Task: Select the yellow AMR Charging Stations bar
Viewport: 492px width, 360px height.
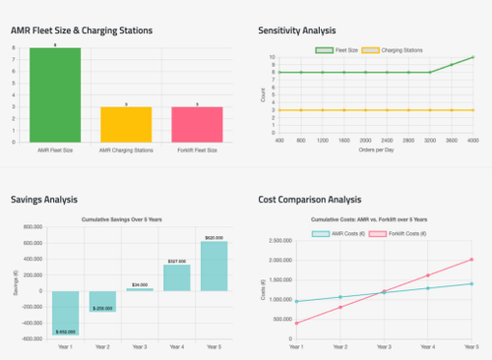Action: click(x=126, y=126)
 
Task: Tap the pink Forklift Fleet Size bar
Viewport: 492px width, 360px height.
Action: click(x=197, y=126)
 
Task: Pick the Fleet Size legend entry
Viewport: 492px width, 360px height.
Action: click(x=337, y=49)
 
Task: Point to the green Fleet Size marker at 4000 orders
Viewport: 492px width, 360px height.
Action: click(x=473, y=57)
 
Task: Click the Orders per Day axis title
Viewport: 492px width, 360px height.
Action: click(x=377, y=151)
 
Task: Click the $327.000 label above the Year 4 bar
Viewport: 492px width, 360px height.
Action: click(x=176, y=261)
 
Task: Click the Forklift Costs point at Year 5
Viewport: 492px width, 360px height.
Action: click(x=472, y=260)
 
